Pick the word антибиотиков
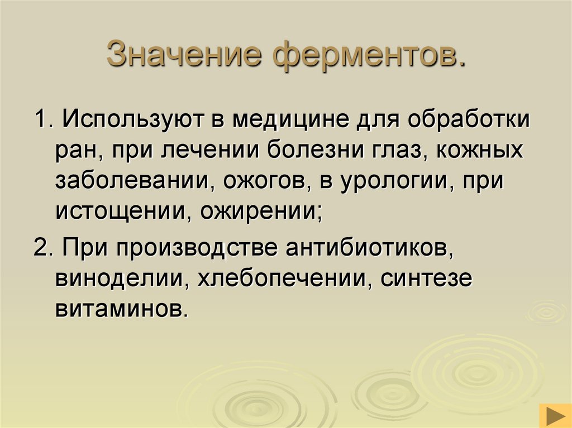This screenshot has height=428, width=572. click(x=368, y=247)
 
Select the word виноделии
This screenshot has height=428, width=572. click(x=119, y=277)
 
